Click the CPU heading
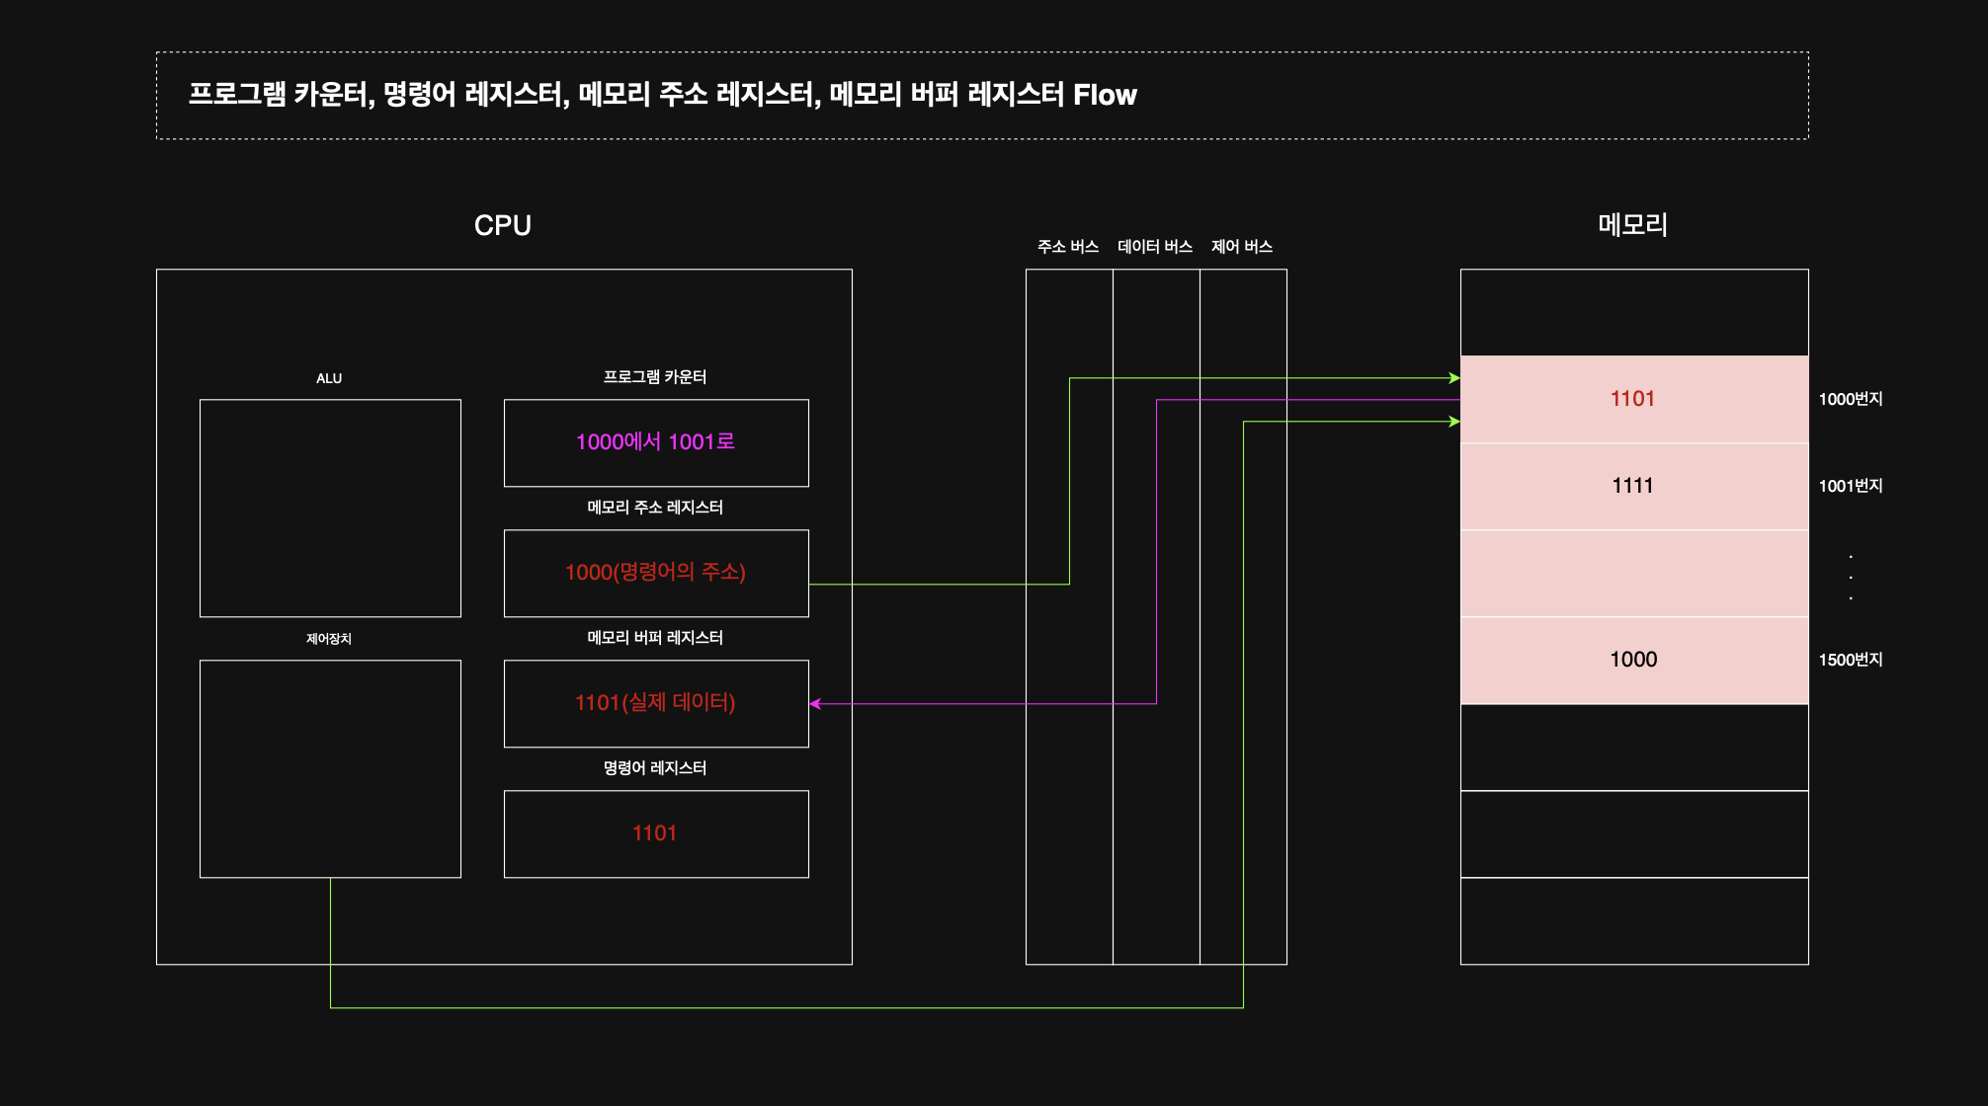click(502, 225)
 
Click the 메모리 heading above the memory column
click(1632, 224)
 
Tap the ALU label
click(329, 378)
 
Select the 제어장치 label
click(329, 639)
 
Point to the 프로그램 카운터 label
click(655, 376)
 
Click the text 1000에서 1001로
click(655, 441)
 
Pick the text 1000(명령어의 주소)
click(655, 572)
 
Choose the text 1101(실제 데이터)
click(655, 702)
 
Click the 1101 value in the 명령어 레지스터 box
click(654, 832)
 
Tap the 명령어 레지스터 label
click(655, 767)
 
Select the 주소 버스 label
click(1068, 246)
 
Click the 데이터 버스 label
click(1155, 246)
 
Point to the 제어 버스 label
click(1242, 246)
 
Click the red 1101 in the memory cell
click(1632, 398)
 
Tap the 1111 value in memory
click(1632, 485)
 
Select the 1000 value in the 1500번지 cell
click(1633, 659)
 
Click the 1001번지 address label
click(1851, 485)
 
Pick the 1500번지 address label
click(1851, 659)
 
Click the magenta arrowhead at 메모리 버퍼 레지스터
click(815, 704)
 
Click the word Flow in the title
click(1105, 95)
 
